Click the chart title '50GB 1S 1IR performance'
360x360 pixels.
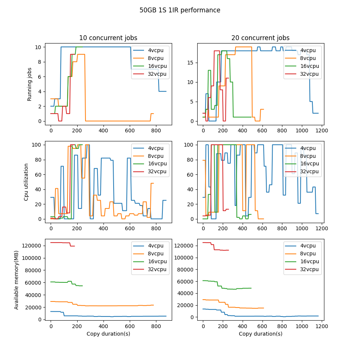[180, 10]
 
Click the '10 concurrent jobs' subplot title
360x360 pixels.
[108, 38]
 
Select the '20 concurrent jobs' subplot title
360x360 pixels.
[260, 38]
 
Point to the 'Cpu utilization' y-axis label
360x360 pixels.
[26, 182]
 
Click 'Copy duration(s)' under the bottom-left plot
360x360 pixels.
[108, 334]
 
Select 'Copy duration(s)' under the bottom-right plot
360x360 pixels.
[260, 334]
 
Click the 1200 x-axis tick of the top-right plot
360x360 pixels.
[322, 131]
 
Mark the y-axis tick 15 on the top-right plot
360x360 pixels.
[190, 62]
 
